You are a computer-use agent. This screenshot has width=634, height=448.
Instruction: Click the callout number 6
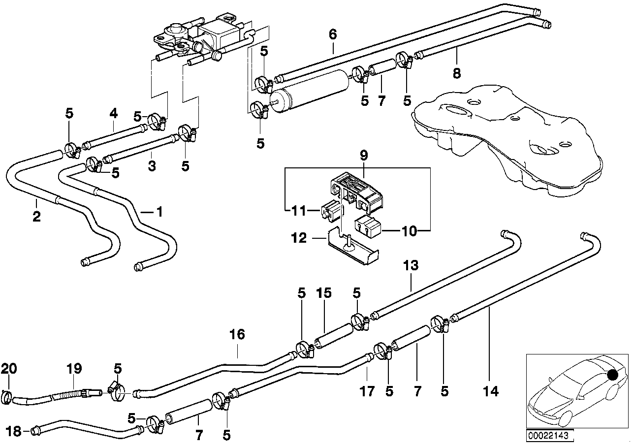coord(333,34)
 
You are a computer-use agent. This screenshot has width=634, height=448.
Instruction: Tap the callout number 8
coord(457,73)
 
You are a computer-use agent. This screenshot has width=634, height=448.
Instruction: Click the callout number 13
coord(411,266)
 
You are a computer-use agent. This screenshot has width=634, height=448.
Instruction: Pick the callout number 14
coord(491,391)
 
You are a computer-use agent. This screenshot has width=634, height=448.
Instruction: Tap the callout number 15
coord(324,293)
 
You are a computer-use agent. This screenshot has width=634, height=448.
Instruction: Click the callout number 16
coord(237,335)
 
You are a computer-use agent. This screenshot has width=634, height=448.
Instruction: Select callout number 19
coord(74,368)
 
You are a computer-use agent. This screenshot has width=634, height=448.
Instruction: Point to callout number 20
coord(8,368)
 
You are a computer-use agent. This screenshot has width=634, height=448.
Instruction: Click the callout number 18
coord(15,431)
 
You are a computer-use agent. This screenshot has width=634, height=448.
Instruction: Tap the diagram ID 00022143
coord(543,435)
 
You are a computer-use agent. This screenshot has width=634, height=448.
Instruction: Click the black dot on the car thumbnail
coord(613,375)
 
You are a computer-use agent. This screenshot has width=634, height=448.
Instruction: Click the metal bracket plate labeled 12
coord(354,251)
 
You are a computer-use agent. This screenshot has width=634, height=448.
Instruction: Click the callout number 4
coord(114,113)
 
